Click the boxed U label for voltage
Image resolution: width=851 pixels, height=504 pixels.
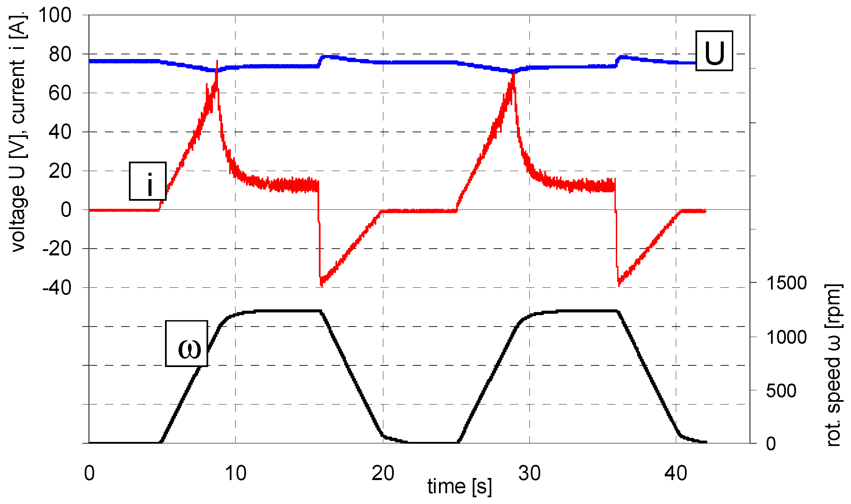tap(714, 51)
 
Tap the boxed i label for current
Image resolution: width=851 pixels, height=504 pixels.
tap(148, 181)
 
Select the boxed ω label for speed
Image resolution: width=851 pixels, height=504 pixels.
tap(187, 344)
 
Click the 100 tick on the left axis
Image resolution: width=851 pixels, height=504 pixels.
tap(55, 15)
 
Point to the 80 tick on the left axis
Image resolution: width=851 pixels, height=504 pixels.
tap(60, 54)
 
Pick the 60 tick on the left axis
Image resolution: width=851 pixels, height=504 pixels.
tap(60, 93)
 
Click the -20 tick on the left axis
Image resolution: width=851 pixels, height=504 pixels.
tap(57, 249)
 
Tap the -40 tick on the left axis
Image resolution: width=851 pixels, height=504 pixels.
tap(57, 288)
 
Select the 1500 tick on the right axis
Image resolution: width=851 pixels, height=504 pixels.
tap(786, 283)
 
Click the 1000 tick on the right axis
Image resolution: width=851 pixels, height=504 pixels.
tap(786, 337)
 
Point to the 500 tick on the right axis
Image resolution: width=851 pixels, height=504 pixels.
tap(781, 391)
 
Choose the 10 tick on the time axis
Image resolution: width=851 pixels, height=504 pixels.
tap(236, 473)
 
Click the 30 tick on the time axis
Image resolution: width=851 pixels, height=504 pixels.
tap(529, 473)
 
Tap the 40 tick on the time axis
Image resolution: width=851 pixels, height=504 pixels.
tap(676, 473)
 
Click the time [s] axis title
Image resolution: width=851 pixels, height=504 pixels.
tap(459, 487)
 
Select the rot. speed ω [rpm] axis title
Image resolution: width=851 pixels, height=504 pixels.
tap(833, 365)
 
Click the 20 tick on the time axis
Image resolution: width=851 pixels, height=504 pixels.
tap(383, 473)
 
